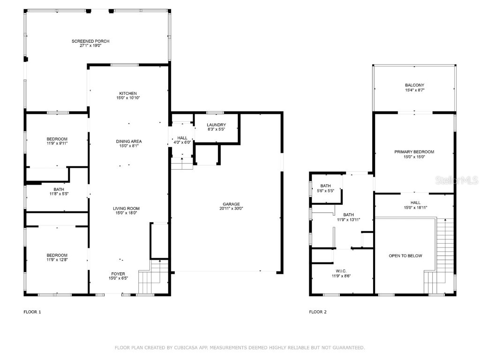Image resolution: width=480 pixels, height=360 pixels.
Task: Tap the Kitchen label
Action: click(127, 93)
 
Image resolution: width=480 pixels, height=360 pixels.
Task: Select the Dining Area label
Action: click(129, 141)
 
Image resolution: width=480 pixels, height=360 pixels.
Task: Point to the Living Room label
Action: click(126, 209)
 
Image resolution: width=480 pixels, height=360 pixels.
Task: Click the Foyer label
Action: click(118, 274)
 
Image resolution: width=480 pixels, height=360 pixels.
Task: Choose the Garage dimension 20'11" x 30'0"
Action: click(231, 209)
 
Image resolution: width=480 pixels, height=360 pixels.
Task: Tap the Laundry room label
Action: click(216, 125)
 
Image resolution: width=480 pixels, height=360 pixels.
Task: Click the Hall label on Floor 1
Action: click(182, 138)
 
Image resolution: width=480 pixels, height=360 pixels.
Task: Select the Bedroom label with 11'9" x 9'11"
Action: click(57, 139)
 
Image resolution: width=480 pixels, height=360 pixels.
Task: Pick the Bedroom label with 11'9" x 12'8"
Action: click(57, 255)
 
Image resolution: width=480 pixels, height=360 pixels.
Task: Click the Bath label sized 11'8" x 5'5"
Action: click(59, 189)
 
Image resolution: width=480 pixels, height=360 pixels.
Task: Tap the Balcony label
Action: click(414, 85)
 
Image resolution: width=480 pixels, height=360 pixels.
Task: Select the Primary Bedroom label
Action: click(414, 152)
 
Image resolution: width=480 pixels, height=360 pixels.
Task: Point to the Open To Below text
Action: click(405, 256)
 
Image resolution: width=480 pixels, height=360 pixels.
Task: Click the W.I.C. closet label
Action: click(341, 271)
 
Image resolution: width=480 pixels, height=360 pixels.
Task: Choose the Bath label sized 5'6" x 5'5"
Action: click(325, 186)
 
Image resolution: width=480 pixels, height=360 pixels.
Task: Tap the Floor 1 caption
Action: click(32, 312)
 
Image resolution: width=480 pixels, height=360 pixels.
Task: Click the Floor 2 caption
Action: click(318, 312)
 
